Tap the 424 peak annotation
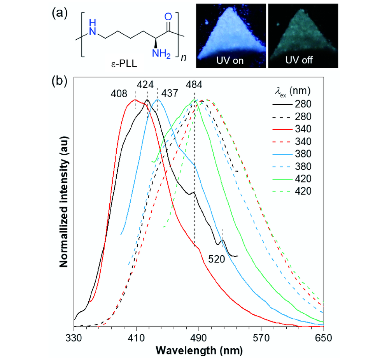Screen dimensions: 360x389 (x=144, y=84)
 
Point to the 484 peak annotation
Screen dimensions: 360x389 (x=194, y=84)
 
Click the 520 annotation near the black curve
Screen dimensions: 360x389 (x=216, y=259)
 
